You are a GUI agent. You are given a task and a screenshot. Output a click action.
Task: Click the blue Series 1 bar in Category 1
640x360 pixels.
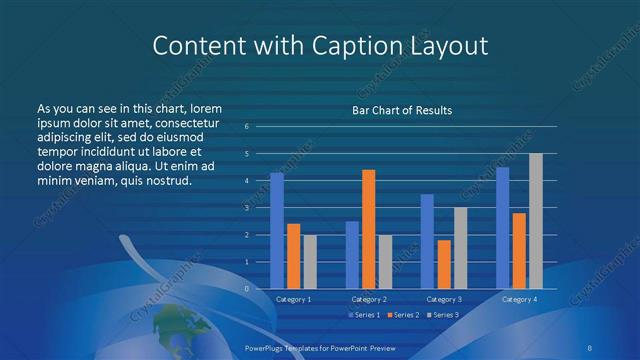(x=277, y=231)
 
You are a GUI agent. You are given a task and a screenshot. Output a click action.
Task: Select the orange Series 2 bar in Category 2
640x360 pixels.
(x=368, y=229)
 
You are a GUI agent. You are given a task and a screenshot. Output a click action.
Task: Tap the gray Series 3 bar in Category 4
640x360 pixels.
(x=536, y=221)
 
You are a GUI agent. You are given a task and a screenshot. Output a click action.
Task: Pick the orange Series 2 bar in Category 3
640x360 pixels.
(x=443, y=264)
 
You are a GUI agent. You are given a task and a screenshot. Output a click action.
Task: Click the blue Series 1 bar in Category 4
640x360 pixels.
(x=502, y=228)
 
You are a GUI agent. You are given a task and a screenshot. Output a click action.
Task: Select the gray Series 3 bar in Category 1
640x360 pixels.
(x=310, y=262)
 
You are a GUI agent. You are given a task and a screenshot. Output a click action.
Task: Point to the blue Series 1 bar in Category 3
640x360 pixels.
(x=427, y=241)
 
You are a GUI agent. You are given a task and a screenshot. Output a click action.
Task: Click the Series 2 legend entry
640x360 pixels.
(x=402, y=315)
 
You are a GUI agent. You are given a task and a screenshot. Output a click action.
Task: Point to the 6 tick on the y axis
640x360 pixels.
(x=247, y=126)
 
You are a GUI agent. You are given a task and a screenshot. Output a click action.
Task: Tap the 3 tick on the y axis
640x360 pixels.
(x=247, y=207)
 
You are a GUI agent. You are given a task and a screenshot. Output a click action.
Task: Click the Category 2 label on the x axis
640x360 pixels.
(x=368, y=299)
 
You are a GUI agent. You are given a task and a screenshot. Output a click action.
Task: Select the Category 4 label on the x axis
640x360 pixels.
(x=518, y=299)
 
